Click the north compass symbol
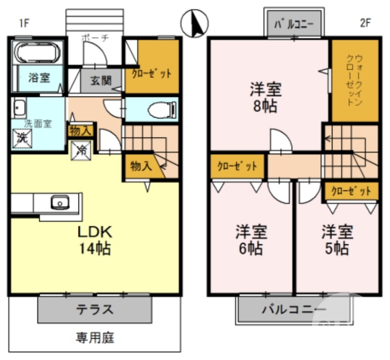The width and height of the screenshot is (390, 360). coord(195,23)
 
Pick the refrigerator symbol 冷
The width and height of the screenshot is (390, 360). coord(82,150)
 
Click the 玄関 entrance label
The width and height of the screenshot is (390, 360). coord(101,81)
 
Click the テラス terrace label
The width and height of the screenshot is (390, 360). coord(95,309)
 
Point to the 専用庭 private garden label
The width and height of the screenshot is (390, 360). coord(95,337)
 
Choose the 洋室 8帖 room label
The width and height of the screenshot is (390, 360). coord(266,98)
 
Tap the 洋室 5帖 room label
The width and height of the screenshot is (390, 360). coord(336,240)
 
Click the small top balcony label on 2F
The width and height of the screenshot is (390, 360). coord(294,24)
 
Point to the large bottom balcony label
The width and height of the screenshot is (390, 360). coord(293,309)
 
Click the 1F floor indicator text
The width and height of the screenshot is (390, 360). coord(25,22)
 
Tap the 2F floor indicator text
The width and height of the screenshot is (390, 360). coord(366,22)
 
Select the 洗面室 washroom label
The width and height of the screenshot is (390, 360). coord(38,123)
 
